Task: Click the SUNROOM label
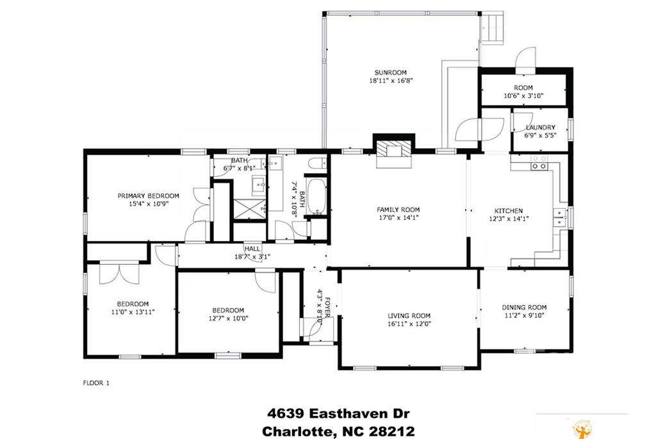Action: (390, 72)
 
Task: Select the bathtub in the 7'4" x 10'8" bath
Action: (316, 196)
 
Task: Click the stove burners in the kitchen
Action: (539, 162)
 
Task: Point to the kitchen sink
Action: (559, 217)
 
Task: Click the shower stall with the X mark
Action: (249, 209)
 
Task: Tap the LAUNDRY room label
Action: (540, 128)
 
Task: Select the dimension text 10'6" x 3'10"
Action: (523, 95)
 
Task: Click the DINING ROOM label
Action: (524, 307)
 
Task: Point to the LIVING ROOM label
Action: (409, 316)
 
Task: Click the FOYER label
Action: (327, 308)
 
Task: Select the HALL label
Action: (252, 249)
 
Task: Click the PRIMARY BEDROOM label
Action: (148, 196)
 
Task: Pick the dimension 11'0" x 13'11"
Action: (133, 311)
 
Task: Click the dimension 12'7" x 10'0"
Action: (229, 318)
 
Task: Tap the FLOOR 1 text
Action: (96, 383)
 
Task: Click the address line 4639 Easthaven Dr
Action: (338, 414)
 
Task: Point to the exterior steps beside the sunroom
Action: (492, 28)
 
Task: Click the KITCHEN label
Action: (508, 211)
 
